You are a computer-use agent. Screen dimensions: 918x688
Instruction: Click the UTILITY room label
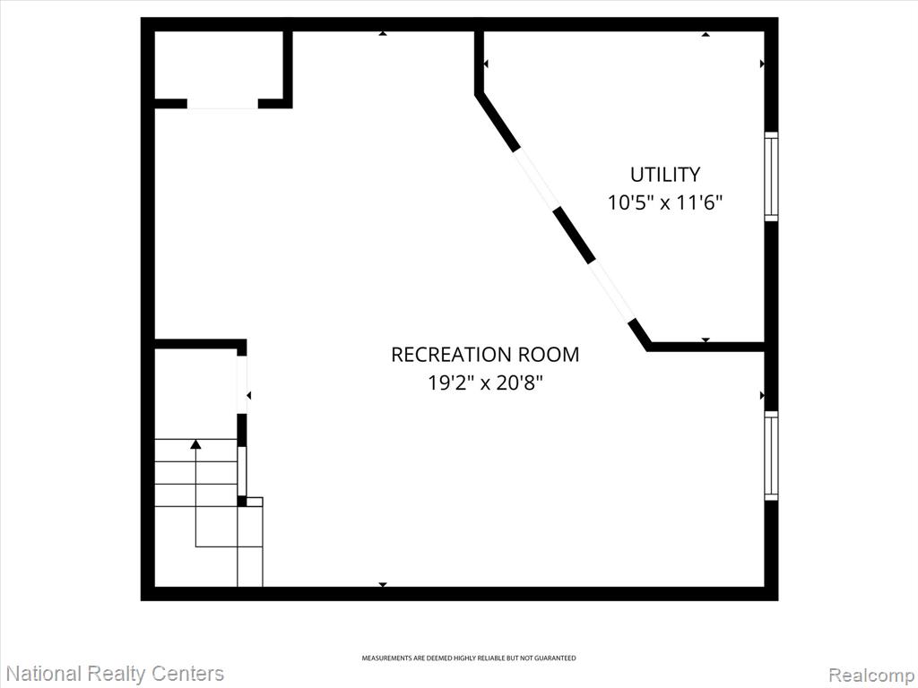[x=665, y=175]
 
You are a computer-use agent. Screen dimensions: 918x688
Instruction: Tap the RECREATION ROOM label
[x=485, y=355]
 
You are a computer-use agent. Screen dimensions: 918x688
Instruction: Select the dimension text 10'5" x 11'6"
[x=665, y=203]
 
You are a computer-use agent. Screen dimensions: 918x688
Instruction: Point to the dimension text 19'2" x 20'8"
[x=485, y=383]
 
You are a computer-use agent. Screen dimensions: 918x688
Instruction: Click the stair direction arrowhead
[x=195, y=444]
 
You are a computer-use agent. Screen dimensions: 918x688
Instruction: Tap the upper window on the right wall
[x=771, y=176]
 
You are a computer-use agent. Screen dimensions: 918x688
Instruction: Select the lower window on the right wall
[x=771, y=455]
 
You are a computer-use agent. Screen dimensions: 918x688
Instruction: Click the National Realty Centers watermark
[x=115, y=674]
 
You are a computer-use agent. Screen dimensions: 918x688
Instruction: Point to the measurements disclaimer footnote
[x=468, y=658]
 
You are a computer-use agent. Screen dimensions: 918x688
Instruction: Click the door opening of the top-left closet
[x=222, y=104]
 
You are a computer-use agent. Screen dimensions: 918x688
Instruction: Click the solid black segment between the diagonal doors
[x=575, y=235]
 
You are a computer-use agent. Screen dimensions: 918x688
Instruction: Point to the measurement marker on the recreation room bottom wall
[x=382, y=584]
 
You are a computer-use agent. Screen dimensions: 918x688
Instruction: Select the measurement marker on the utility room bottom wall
[x=706, y=340]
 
